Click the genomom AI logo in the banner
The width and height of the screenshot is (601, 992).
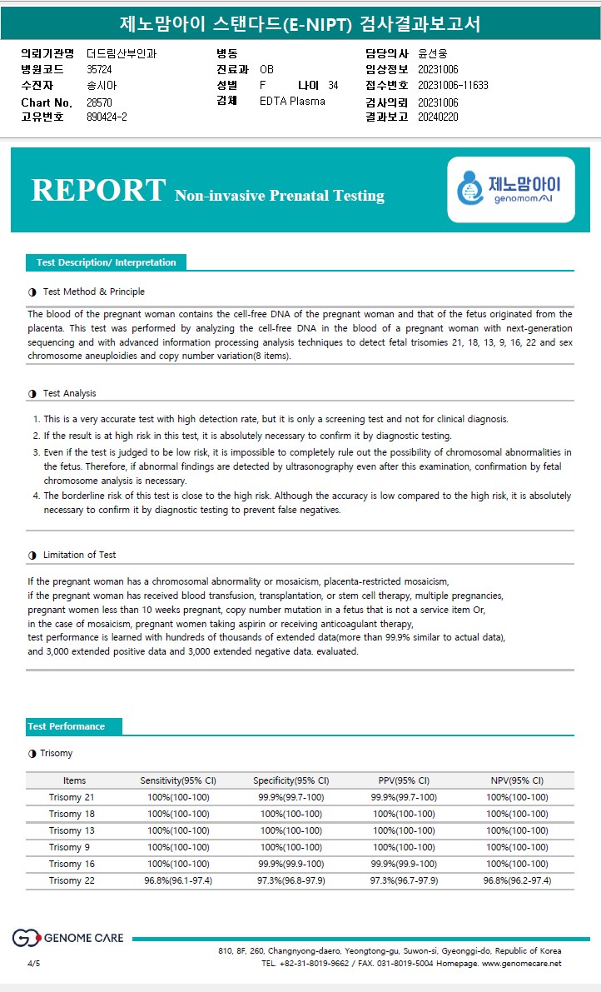click(510, 190)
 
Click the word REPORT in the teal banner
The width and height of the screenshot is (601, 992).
click(98, 190)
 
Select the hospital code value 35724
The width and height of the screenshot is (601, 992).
click(99, 69)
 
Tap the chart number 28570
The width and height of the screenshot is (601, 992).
click(99, 102)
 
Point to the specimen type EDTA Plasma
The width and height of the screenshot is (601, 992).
click(292, 102)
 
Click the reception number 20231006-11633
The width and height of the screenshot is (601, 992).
click(453, 85)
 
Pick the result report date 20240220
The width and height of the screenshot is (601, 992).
click(438, 117)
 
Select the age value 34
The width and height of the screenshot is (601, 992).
click(333, 85)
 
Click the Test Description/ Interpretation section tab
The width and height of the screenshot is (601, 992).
click(106, 262)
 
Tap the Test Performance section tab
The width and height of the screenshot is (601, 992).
click(67, 726)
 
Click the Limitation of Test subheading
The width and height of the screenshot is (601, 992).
click(79, 555)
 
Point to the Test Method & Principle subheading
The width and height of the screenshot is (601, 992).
click(93, 292)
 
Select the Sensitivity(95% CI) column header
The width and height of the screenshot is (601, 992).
click(178, 780)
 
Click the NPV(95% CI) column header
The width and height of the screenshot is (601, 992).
click(517, 780)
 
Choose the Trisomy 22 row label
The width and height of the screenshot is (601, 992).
click(72, 880)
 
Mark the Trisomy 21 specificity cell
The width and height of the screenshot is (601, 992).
click(291, 797)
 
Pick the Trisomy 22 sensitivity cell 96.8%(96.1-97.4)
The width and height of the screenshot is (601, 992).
click(178, 880)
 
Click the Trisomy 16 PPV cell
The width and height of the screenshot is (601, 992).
click(404, 864)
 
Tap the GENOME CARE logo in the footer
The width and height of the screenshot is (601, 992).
click(67, 938)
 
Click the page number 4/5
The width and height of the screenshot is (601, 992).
click(33, 963)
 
